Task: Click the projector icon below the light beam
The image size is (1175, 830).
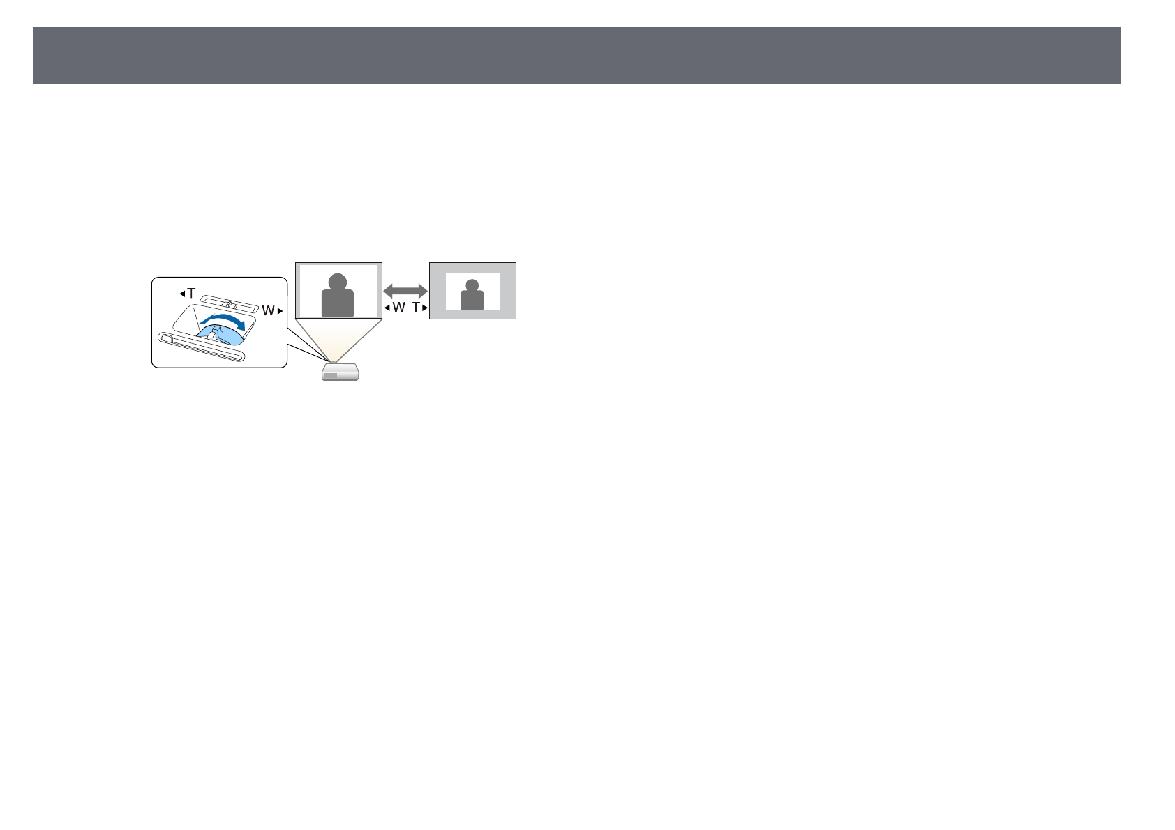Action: (x=340, y=373)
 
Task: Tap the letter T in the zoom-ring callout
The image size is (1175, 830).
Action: (x=191, y=294)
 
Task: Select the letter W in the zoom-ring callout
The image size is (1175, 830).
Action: (x=268, y=311)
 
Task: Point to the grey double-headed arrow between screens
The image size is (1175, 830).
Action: (x=405, y=290)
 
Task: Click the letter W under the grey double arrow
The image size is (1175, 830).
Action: (x=398, y=308)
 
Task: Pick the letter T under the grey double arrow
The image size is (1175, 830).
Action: (x=416, y=308)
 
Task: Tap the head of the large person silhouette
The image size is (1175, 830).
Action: (x=338, y=282)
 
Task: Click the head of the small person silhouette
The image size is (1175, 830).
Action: (x=472, y=285)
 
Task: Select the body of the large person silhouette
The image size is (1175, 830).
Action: (x=338, y=304)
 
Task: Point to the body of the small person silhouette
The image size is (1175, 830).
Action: (x=472, y=300)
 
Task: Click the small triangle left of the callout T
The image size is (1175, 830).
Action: (x=182, y=294)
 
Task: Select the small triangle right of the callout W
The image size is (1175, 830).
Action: (x=280, y=311)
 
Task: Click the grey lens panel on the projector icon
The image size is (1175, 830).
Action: (x=330, y=375)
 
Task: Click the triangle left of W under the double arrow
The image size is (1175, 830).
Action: (x=387, y=308)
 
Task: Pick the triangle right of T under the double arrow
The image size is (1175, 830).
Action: (x=424, y=308)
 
